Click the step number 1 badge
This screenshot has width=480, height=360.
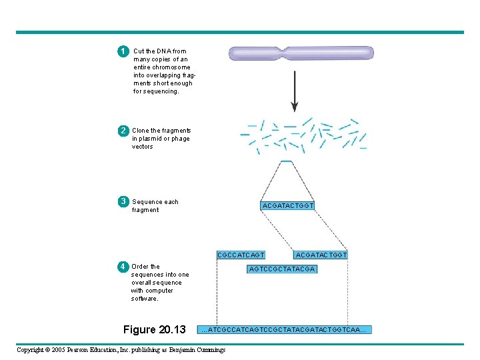pyautogui.click(x=123, y=51)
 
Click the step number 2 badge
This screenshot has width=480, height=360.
pyautogui.click(x=123, y=131)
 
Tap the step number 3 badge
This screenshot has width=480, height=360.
pyautogui.click(x=123, y=201)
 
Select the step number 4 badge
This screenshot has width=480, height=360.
pyautogui.click(x=123, y=267)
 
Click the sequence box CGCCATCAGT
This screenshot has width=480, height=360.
pyautogui.click(x=241, y=255)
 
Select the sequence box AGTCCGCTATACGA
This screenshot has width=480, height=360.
pyautogui.click(x=282, y=269)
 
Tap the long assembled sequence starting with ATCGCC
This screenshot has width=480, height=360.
pyautogui.click(x=285, y=329)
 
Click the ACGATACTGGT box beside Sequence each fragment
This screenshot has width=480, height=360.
pyautogui.click(x=288, y=206)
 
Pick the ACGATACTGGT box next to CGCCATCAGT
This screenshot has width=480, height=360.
pyautogui.click(x=321, y=255)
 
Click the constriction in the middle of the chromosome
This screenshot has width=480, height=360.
pyautogui.click(x=285, y=53)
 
